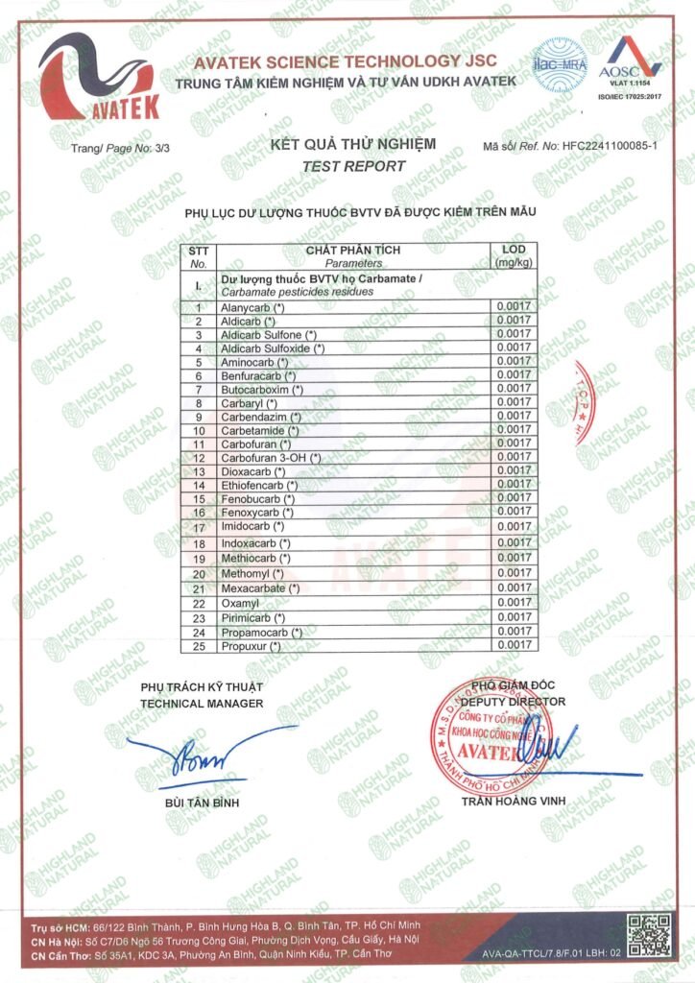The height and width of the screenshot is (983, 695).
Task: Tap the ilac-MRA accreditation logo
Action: (x=560, y=64)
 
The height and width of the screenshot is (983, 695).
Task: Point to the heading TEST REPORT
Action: (x=353, y=165)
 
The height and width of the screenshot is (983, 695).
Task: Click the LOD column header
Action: (x=514, y=256)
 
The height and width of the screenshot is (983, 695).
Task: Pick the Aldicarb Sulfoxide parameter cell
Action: (x=274, y=348)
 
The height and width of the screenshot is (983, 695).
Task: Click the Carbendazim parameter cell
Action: (x=261, y=417)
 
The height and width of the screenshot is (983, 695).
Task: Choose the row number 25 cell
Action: (x=200, y=646)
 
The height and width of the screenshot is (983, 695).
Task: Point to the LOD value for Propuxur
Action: (x=514, y=646)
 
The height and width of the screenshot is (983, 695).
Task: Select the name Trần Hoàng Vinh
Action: (x=515, y=801)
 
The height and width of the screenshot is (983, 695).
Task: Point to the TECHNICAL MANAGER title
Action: (x=202, y=704)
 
